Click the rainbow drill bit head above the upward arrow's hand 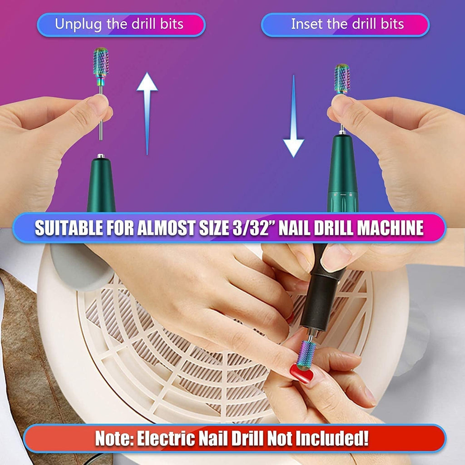[101, 62]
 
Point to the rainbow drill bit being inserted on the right [342, 78]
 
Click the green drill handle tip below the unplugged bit [100, 182]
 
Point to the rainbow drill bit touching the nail [307, 354]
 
